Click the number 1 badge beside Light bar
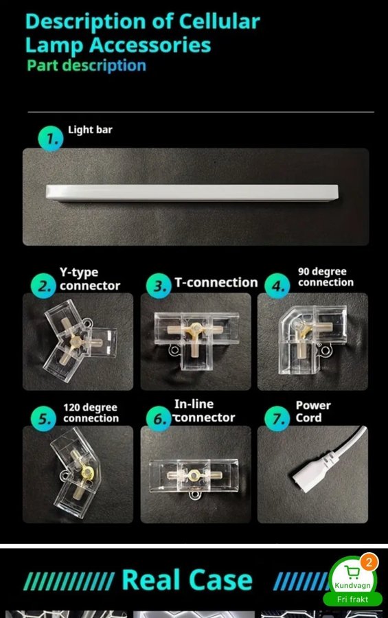click(x=50, y=138)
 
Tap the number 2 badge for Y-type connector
click(x=43, y=286)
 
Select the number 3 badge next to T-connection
click(x=159, y=286)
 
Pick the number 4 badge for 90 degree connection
click(x=277, y=286)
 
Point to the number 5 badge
click(x=43, y=419)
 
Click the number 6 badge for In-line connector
click(x=159, y=419)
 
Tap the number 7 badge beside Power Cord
click(x=277, y=419)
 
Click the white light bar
click(x=192, y=192)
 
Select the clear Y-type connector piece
click(x=79, y=340)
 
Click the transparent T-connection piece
click(x=196, y=340)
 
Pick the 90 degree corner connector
click(x=312, y=339)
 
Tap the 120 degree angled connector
click(x=76, y=472)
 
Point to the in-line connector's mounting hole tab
click(x=194, y=494)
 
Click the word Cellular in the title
click(x=219, y=21)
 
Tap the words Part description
click(x=87, y=65)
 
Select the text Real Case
click(x=187, y=580)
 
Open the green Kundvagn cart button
click(x=352, y=582)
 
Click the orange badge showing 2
click(x=369, y=562)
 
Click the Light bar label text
click(x=90, y=130)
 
